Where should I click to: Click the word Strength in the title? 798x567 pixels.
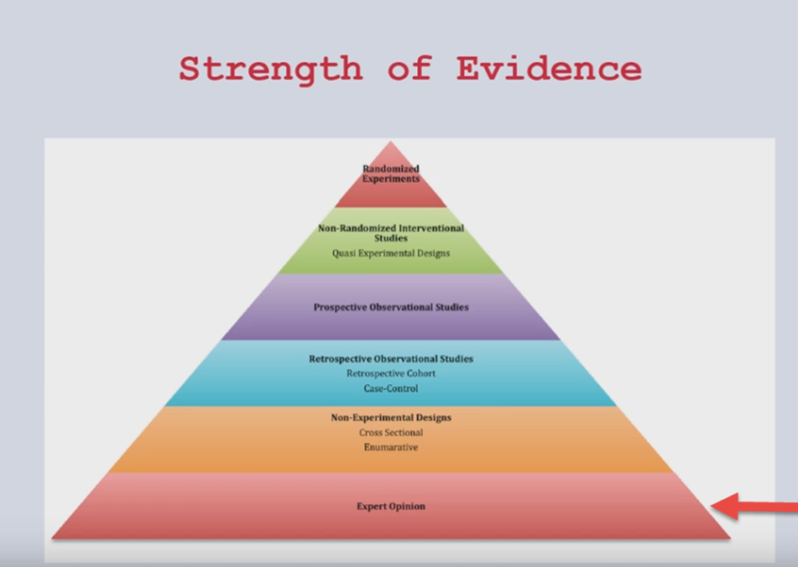[x=270, y=70]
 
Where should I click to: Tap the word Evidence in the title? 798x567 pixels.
[x=549, y=68]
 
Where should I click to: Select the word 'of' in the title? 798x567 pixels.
[x=410, y=68]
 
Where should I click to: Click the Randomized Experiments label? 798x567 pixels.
[x=391, y=174]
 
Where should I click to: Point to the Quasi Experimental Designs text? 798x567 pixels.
[x=391, y=254]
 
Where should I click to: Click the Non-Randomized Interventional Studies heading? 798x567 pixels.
[x=391, y=233]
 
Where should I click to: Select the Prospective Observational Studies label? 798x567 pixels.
[x=391, y=307]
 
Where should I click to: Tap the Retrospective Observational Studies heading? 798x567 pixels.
[x=391, y=358]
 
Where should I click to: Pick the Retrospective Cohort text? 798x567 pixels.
[x=391, y=373]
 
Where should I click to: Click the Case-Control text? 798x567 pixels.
[x=391, y=388]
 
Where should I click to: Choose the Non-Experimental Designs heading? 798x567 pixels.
[x=391, y=417]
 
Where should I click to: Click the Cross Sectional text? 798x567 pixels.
[x=391, y=432]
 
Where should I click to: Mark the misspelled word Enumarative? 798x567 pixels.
[x=391, y=447]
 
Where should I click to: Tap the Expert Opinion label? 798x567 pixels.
[x=391, y=506]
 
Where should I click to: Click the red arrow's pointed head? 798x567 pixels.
[x=712, y=507]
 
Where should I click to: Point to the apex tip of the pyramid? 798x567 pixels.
[x=391, y=142]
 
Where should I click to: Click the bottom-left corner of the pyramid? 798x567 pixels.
[x=52, y=538]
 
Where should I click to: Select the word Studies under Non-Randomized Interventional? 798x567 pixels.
[x=391, y=238]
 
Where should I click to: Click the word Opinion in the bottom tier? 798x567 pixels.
[x=407, y=506]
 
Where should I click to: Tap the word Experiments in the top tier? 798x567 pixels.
[x=391, y=179]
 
